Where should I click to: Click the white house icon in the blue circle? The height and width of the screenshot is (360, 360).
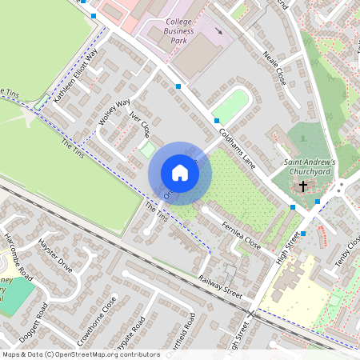coord(180,172)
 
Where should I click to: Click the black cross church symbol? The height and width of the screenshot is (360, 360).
coord(303,186)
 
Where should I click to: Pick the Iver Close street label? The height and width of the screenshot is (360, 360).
coord(140,125)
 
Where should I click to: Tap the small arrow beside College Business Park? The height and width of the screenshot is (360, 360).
coord(218,31)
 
